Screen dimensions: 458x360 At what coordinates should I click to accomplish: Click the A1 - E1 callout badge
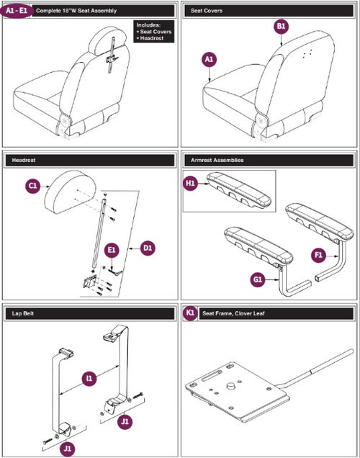pos(18,12)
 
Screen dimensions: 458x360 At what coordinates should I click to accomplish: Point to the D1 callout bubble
pos(148,248)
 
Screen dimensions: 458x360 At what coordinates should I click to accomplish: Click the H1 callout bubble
pos(192,184)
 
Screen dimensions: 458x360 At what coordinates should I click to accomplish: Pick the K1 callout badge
pos(191,314)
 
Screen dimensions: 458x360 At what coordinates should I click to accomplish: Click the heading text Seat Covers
pos(207,12)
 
